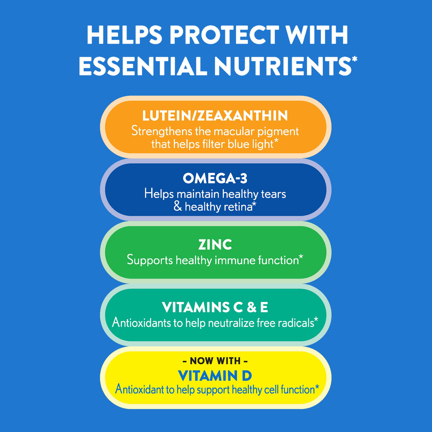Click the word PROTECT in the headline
point(224,35)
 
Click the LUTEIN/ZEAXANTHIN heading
point(215,116)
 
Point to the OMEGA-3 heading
point(215,178)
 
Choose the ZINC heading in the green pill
point(215,244)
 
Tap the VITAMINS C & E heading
point(215,307)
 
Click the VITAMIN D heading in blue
point(215,375)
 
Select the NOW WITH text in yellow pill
point(215,361)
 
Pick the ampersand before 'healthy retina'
point(178,206)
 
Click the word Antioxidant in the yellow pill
point(139,389)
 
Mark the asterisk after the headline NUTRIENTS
point(354,59)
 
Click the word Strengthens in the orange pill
point(162,131)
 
